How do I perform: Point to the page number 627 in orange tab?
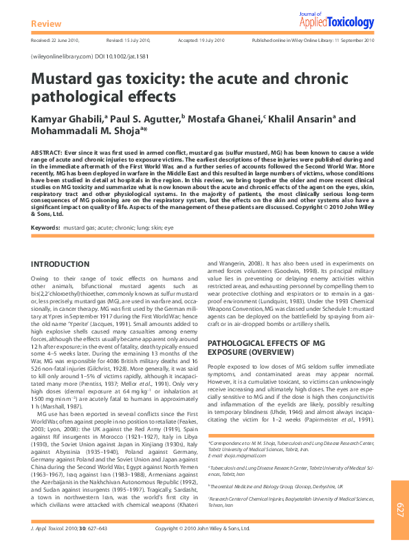399,508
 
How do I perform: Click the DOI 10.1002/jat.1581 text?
123,56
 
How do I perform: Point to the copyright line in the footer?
203,528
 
